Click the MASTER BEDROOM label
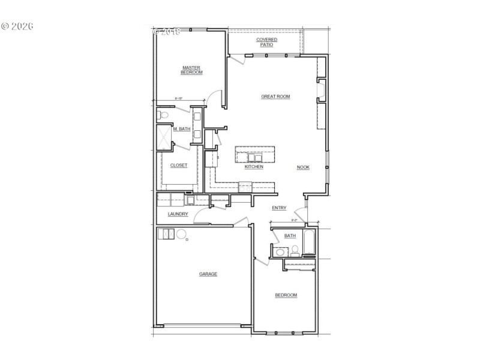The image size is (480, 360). [191, 70]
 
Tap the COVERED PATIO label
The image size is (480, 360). [266, 42]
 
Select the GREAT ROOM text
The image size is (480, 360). [275, 97]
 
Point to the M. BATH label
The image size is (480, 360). [181, 129]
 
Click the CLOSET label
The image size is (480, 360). [179, 165]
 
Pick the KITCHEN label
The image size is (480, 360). [249, 167]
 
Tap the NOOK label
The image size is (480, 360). [303, 167]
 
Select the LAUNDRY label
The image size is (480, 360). [178, 214]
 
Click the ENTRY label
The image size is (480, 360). [279, 208]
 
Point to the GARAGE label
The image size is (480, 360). [208, 274]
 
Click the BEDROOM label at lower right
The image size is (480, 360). [286, 295]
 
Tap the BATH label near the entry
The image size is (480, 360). [290, 236]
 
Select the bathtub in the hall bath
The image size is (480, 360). [310, 243]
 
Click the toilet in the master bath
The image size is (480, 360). [163, 114]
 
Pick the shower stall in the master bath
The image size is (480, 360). [164, 137]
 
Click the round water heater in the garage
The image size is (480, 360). [181, 234]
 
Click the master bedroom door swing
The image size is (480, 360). [216, 98]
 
